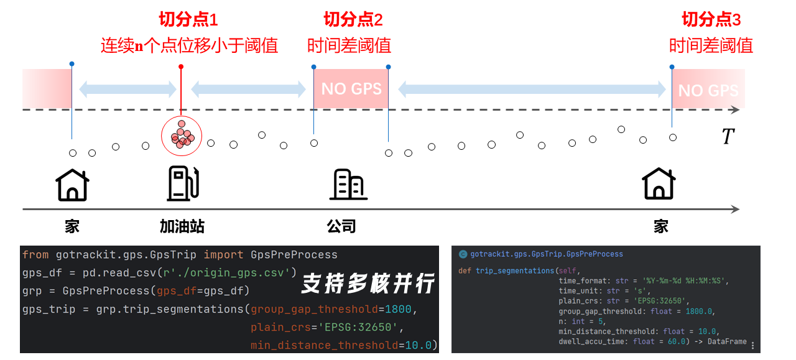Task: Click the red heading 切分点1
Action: [x=188, y=19]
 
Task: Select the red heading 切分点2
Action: [x=353, y=19]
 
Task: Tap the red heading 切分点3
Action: [x=711, y=19]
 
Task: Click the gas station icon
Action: [x=183, y=183]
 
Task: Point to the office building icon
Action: [x=348, y=184]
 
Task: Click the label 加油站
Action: [x=182, y=226]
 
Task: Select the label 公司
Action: [x=341, y=226]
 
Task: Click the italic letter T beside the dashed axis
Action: [x=728, y=136]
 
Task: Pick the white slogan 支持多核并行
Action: [x=368, y=284]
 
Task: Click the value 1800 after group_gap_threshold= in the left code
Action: [x=398, y=309]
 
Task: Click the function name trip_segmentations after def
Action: [x=515, y=271]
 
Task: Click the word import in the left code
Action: [x=223, y=255]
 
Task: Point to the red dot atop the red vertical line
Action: [x=181, y=67]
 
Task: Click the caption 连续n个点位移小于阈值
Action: [x=189, y=46]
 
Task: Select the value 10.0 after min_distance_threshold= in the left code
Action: [x=419, y=346]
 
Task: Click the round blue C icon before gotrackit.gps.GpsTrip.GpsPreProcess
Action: [x=463, y=254]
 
